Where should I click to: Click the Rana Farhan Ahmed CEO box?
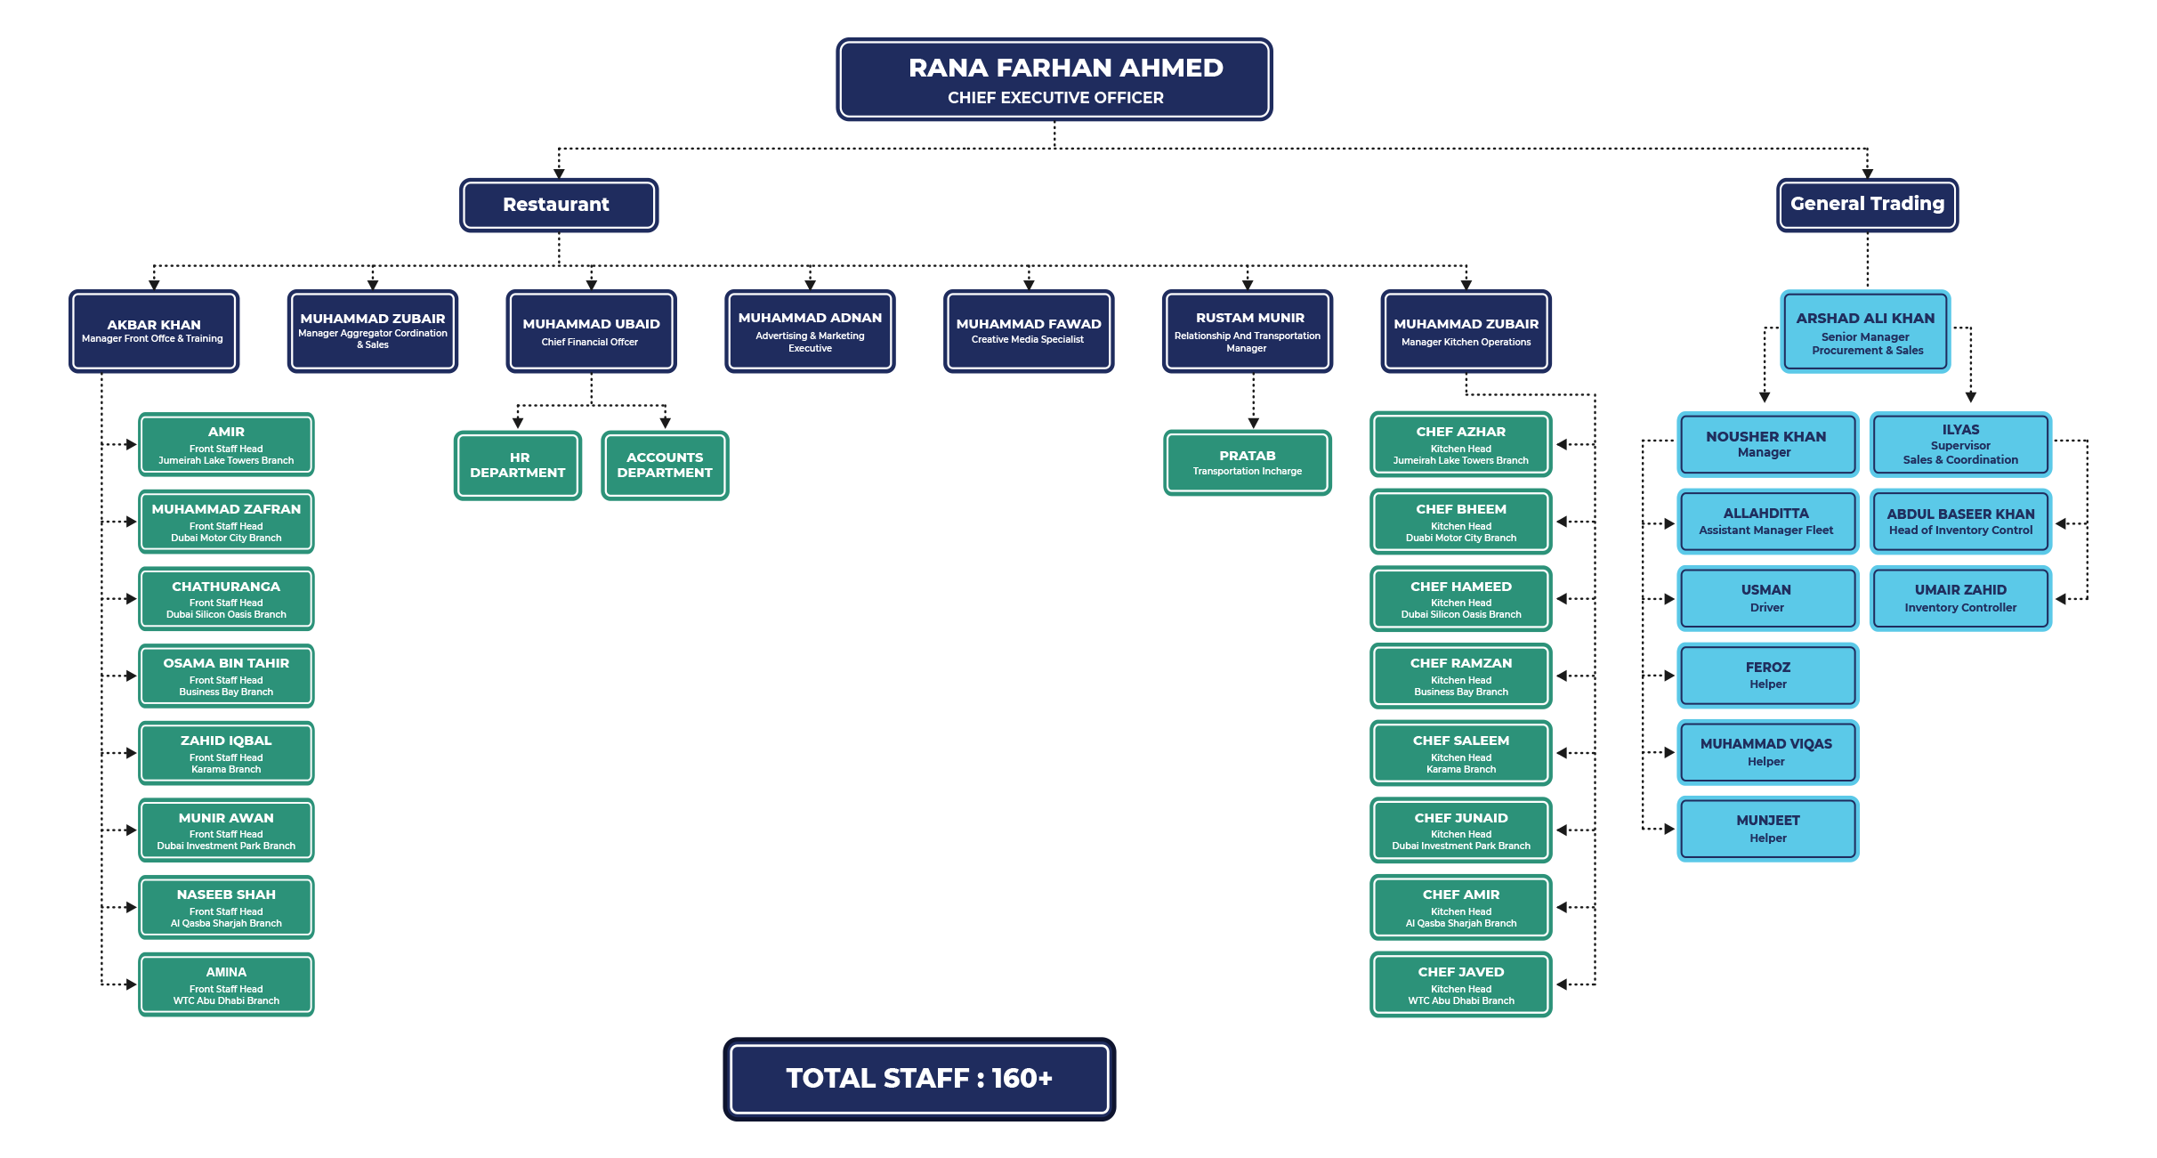click(1054, 79)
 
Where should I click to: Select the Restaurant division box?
click(559, 205)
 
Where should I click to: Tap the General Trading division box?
click(1867, 205)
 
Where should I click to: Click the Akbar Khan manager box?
click(154, 331)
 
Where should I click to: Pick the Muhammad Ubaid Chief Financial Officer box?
click(591, 331)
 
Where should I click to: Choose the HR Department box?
click(518, 466)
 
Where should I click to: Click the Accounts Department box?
click(665, 466)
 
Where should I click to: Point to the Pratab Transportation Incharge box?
click(1248, 463)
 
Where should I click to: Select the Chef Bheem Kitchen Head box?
click(1461, 522)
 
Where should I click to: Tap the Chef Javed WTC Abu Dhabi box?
click(1461, 984)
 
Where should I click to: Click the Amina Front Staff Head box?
click(226, 984)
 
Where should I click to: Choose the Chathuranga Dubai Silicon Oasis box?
click(226, 599)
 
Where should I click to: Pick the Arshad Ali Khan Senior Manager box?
click(1866, 331)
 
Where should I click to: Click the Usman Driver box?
click(1768, 599)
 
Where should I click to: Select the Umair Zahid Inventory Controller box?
click(1961, 599)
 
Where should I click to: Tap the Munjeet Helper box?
click(1768, 830)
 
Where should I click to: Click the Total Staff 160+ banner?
click(919, 1080)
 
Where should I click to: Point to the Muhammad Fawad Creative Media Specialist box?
click(1029, 331)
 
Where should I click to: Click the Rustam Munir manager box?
click(1248, 331)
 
